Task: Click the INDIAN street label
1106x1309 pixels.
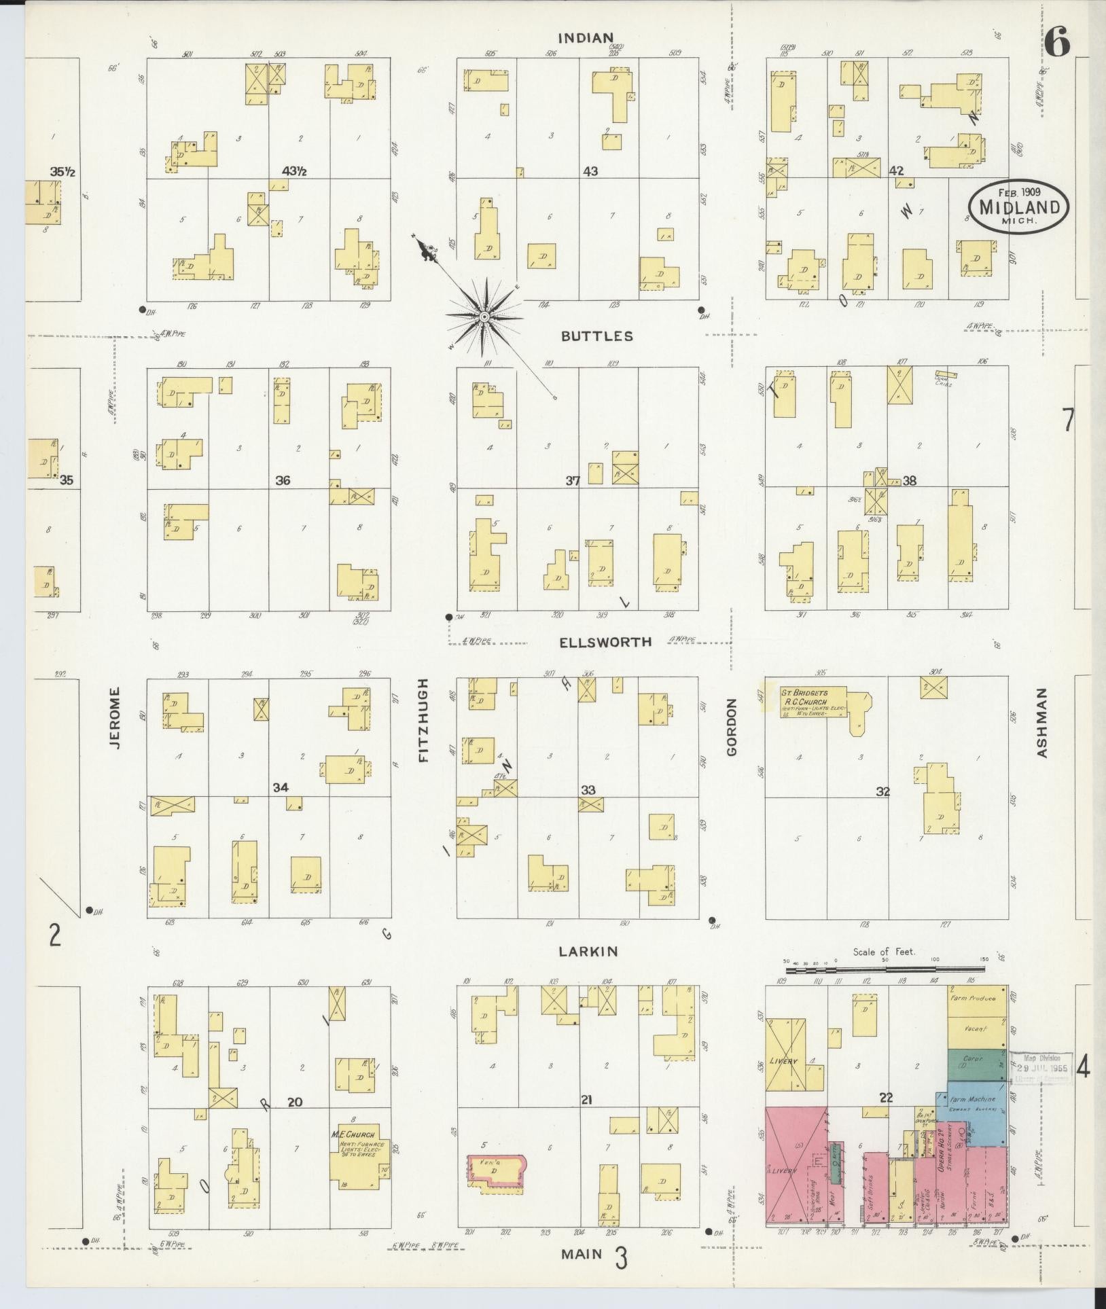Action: [x=586, y=37]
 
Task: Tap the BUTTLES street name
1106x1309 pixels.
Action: [x=597, y=336]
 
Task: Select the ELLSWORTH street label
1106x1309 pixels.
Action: [x=605, y=642]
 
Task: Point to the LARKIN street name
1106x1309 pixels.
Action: [x=588, y=952]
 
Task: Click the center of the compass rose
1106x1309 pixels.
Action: [x=484, y=317]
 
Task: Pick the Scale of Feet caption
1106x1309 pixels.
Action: [x=884, y=952]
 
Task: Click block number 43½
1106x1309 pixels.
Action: [x=294, y=171]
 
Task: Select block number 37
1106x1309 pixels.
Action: [x=573, y=481]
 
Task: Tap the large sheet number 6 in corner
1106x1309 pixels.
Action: [x=1058, y=43]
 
